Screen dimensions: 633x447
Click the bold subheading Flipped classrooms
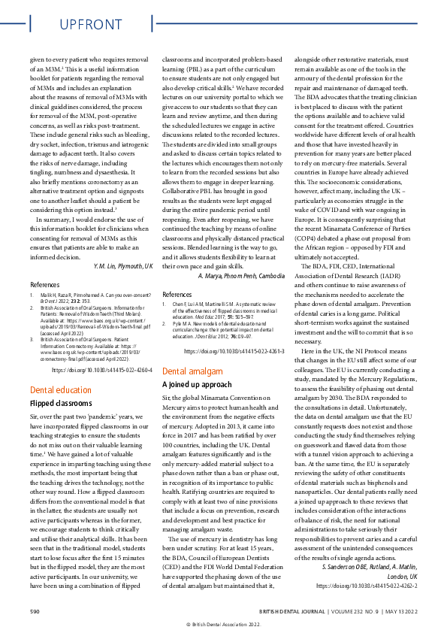(x=61, y=404)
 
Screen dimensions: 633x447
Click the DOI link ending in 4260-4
(x=102, y=371)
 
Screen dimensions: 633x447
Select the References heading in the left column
(x=45, y=286)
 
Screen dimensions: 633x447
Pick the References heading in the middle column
(x=177, y=295)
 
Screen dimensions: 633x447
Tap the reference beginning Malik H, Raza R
(x=91, y=301)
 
